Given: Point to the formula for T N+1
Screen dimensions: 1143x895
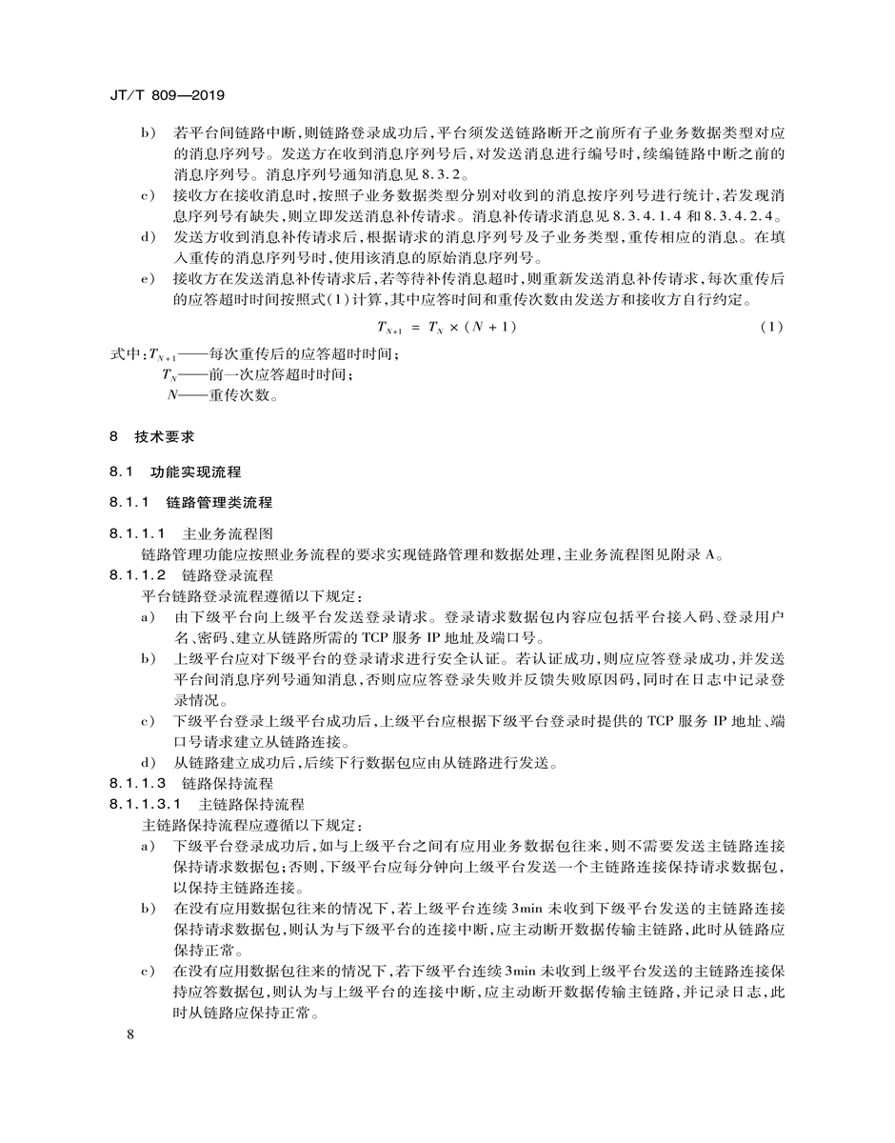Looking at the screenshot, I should (447, 328).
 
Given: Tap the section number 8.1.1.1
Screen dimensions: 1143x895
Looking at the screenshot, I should (138, 533).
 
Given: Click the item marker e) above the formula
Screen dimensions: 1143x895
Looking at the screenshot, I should (148, 280).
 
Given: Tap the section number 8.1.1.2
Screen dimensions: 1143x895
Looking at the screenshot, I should (138, 575).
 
